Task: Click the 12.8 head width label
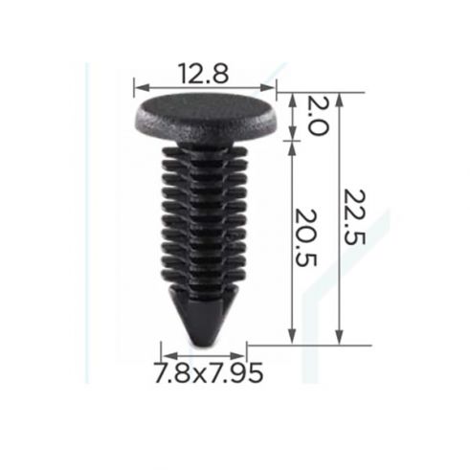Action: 204,74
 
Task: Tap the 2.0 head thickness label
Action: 317,116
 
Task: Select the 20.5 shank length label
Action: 305,237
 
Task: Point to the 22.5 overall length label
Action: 354,217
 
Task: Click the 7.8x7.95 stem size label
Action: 209,372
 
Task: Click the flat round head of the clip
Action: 207,119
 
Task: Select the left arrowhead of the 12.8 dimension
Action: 142,87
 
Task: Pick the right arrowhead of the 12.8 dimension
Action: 268,87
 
